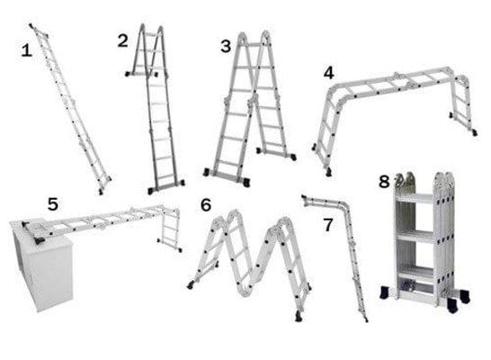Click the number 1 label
[27, 50]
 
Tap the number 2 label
[122, 41]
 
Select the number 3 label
[226, 47]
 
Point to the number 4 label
[328, 73]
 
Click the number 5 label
[53, 204]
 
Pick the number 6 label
[206, 205]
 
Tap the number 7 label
[327, 225]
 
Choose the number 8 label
[384, 182]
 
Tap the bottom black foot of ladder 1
[101, 192]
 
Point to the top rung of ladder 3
[254, 45]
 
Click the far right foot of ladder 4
[475, 133]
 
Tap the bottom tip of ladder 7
[366, 320]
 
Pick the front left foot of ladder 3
[206, 172]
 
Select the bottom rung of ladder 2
[166, 176]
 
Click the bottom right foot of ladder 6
[299, 317]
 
